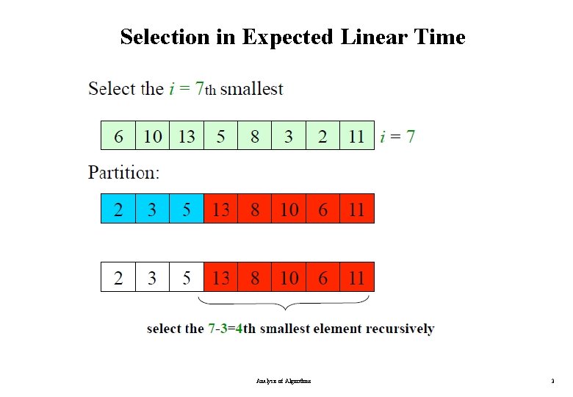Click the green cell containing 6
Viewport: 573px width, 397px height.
tap(118, 136)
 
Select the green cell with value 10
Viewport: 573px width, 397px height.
tap(153, 136)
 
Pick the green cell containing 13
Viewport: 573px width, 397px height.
tap(187, 136)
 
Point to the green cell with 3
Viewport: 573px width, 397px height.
tap(289, 136)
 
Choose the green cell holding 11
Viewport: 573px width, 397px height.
tap(357, 136)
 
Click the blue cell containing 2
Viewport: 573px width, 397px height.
tap(118, 210)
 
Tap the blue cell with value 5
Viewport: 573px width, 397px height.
tap(187, 210)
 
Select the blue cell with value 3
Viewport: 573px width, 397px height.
tap(153, 210)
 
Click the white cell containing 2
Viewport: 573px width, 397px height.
tap(118, 278)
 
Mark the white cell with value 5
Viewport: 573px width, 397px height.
tap(187, 278)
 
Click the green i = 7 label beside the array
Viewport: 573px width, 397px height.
tap(397, 136)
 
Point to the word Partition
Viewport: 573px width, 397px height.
tap(123, 174)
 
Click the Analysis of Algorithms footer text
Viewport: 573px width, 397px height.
tap(284, 382)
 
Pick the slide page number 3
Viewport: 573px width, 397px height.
tap(552, 382)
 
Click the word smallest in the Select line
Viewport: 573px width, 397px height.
tap(251, 90)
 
